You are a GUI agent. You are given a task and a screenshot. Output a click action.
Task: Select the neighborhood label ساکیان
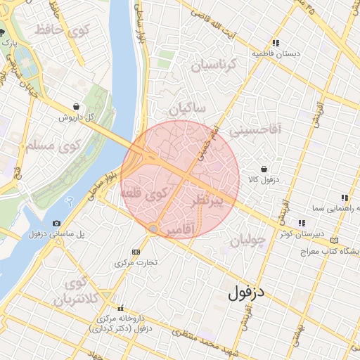tap(188, 109)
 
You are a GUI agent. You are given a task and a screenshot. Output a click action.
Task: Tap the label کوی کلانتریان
tap(74, 292)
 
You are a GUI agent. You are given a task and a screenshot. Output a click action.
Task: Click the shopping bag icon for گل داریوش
tap(76, 106)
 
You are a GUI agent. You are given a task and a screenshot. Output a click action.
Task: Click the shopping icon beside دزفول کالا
tap(263, 169)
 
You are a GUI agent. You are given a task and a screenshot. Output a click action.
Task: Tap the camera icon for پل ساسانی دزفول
tap(57, 224)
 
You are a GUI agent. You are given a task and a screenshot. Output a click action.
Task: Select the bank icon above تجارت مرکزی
tap(136, 252)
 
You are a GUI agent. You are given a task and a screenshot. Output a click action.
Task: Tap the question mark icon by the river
tap(68, 200)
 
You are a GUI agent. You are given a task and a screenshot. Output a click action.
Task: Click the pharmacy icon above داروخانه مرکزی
tap(121, 308)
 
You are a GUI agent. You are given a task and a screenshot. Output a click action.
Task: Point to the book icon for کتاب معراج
tap(334, 240)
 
